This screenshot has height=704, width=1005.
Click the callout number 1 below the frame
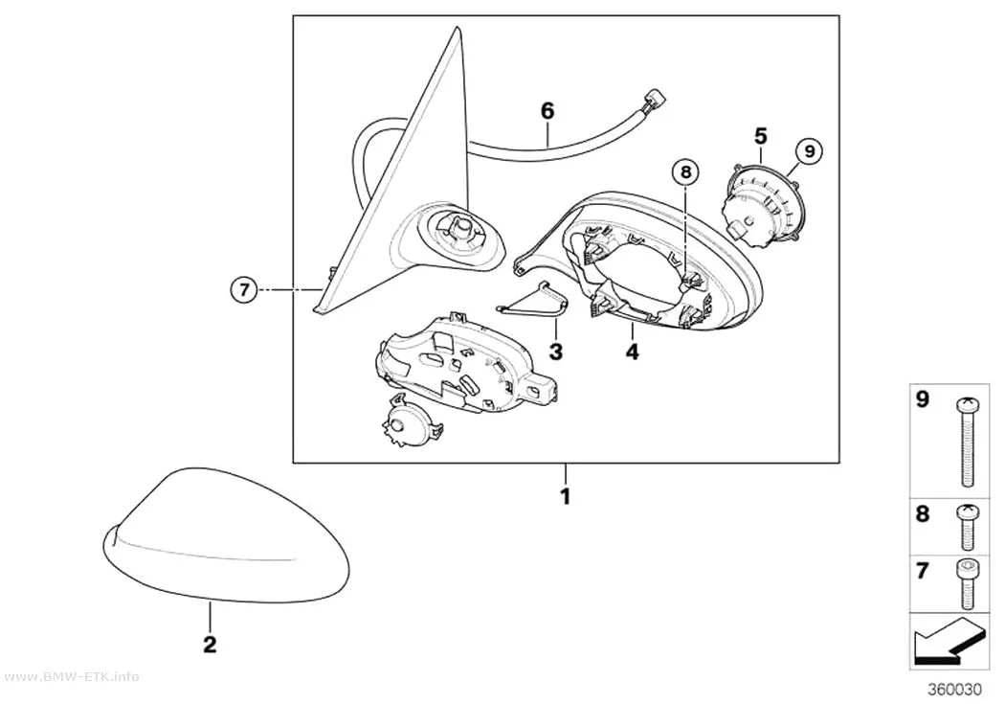tap(566, 496)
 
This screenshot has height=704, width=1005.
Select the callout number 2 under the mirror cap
tap(210, 645)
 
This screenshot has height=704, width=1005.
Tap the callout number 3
tap(555, 352)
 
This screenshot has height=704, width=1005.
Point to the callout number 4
tap(632, 352)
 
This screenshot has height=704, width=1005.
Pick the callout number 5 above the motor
tap(760, 136)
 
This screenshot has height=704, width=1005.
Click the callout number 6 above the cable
tap(547, 111)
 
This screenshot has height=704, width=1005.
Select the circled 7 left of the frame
tap(243, 290)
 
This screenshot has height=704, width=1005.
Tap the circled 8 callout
tap(686, 171)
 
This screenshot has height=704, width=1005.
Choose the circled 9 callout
tap(809, 150)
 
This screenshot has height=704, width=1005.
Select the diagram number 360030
tap(954, 690)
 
